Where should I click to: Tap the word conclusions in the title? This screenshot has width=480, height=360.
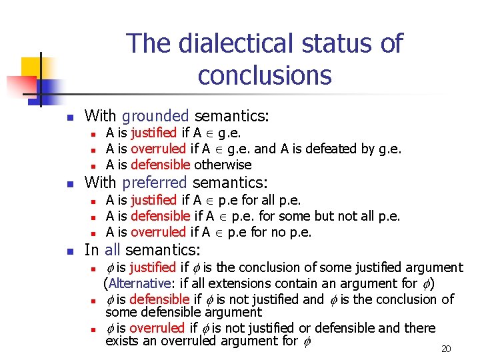point(265,76)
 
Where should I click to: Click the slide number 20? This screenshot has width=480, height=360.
point(447,349)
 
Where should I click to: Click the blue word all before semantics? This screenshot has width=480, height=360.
point(113,250)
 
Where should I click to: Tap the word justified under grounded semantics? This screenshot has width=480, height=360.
point(153,133)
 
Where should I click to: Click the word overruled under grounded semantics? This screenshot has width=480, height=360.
point(159,149)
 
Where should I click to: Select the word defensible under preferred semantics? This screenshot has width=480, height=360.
point(160,216)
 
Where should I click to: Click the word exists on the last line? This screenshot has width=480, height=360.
point(121,342)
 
